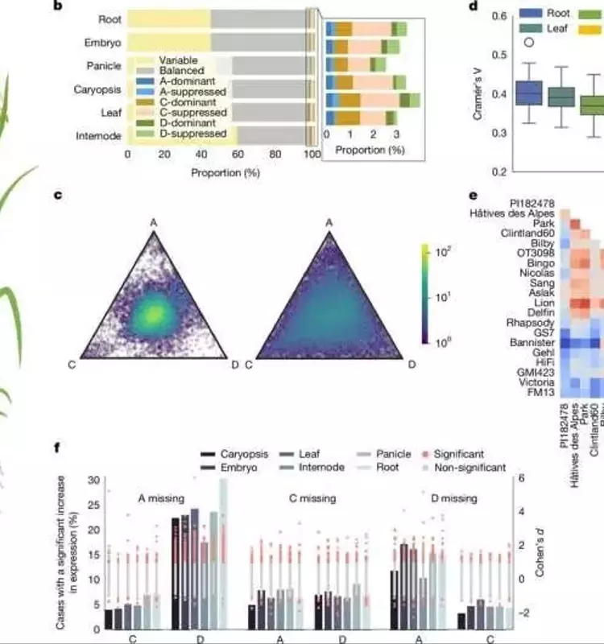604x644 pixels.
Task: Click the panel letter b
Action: click(x=80, y=6)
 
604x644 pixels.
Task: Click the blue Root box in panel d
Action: click(x=528, y=93)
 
